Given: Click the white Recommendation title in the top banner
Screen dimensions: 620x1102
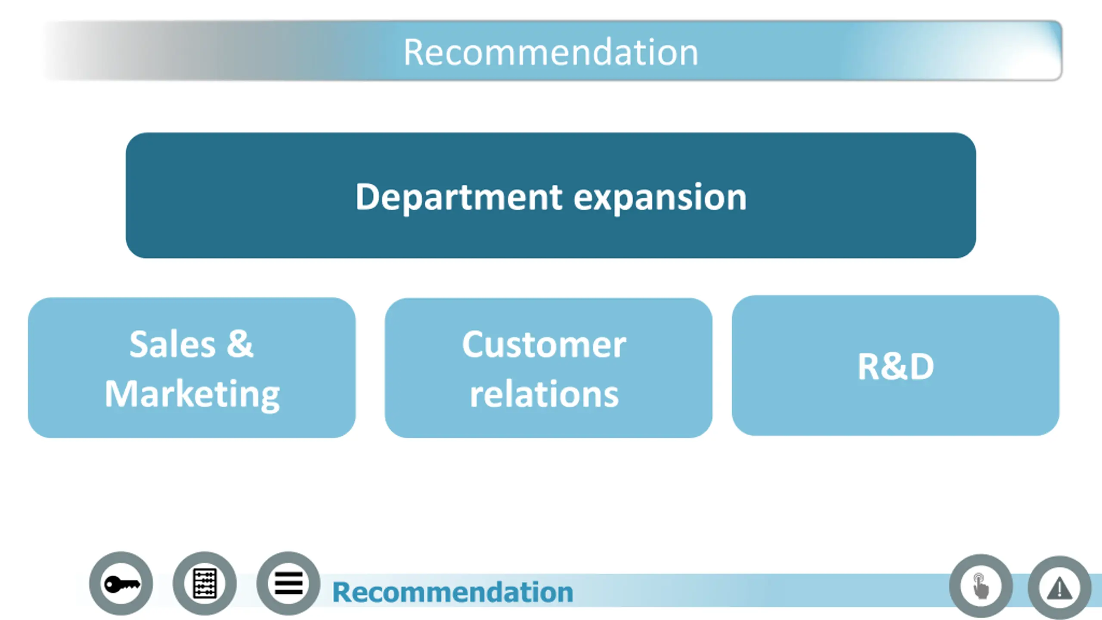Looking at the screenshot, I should click(x=551, y=53).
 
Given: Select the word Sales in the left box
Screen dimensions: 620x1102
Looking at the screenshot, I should click(x=172, y=344).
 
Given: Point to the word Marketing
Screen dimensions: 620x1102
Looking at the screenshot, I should click(x=192, y=394).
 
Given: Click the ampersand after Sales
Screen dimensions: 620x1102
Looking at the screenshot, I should click(x=240, y=344).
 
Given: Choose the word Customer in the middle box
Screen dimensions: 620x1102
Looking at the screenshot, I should click(x=544, y=345).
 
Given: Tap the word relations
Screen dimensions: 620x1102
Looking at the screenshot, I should click(x=544, y=394).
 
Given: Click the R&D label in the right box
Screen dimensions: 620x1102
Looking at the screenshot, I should click(x=895, y=366).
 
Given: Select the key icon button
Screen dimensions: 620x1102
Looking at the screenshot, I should click(x=121, y=584).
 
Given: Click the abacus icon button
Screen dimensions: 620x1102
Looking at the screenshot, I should click(x=204, y=584).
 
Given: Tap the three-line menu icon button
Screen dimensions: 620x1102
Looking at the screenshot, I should click(x=288, y=584).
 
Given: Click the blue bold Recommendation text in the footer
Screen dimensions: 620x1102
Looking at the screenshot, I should click(x=452, y=592).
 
